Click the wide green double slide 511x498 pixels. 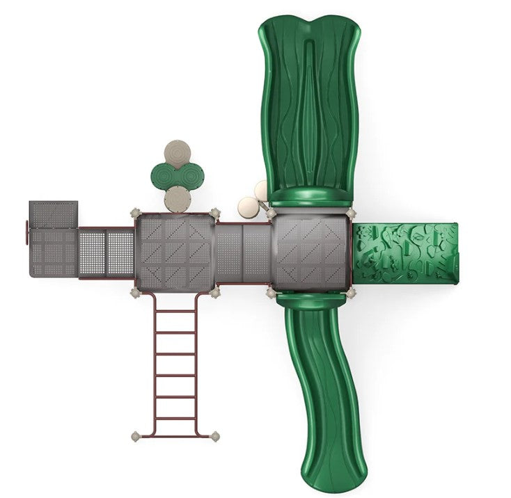[310, 104]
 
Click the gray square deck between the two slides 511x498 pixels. [310, 252]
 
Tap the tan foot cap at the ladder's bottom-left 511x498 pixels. [136, 437]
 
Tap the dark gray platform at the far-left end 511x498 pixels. [53, 215]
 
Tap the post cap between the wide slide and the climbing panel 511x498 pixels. [351, 213]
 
